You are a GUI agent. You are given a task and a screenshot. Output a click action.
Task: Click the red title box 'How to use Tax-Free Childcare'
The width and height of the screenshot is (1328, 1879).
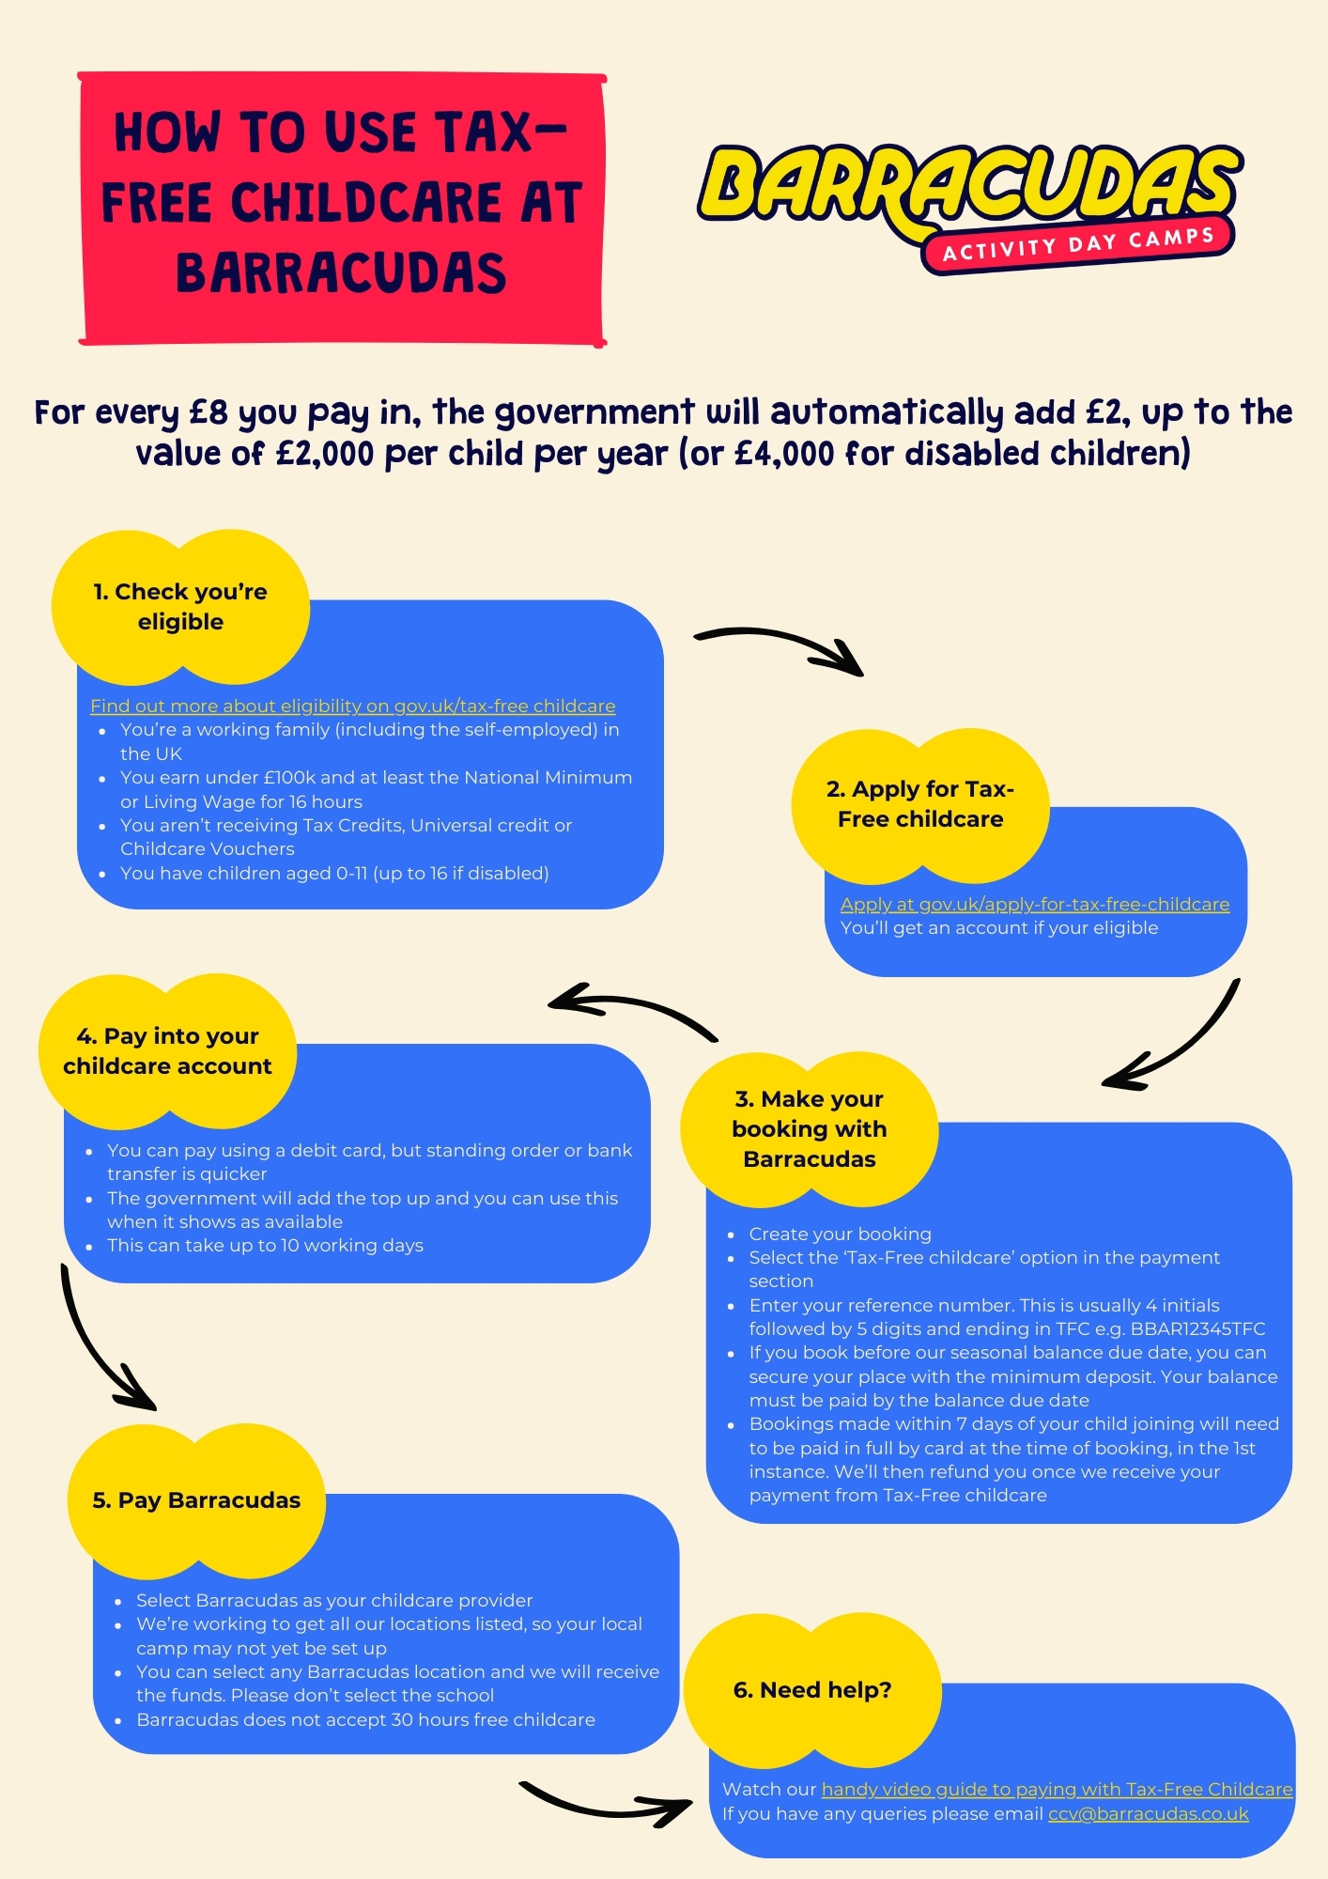[x=342, y=209]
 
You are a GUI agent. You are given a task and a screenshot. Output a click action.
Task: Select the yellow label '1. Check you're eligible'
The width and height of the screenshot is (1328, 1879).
[x=180, y=607]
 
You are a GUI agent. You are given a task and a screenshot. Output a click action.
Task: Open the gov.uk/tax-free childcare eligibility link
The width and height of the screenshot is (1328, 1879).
[x=353, y=706]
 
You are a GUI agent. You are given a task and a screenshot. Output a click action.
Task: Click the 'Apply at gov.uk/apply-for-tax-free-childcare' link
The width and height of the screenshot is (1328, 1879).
[x=1035, y=904]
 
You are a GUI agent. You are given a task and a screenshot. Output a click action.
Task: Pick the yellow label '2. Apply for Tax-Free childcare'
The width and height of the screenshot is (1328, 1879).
[x=920, y=805]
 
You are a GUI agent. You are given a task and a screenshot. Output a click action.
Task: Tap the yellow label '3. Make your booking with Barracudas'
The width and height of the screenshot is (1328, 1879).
[x=810, y=1129]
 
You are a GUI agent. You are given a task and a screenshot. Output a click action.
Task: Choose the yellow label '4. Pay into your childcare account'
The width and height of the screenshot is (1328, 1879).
[x=167, y=1051]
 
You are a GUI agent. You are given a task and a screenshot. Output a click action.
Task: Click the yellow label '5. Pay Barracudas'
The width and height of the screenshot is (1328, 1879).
[x=196, y=1500]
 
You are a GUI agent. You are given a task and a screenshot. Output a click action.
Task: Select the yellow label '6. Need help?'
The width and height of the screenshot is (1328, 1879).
[x=812, y=1690]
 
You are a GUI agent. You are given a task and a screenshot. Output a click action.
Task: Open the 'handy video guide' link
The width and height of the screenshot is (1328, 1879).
[x=1058, y=1789]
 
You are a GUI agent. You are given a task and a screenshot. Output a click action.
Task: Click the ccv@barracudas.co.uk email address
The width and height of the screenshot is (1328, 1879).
[x=1149, y=1813]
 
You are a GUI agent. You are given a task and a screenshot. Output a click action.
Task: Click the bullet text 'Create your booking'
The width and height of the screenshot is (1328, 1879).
[x=840, y=1234]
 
